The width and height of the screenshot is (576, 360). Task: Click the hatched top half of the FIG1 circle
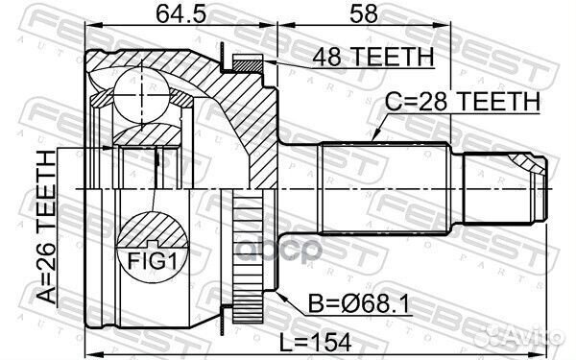[x=154, y=230]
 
